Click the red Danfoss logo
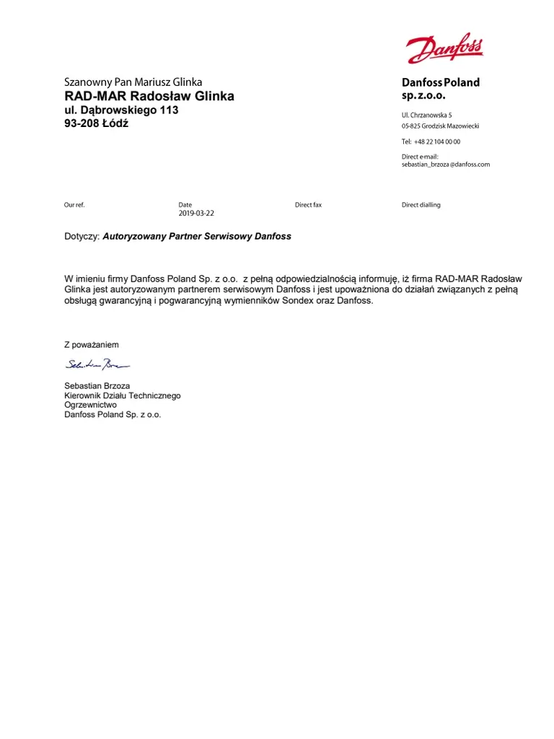pos(444,48)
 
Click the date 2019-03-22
pos(196,214)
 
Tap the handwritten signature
pos(97,364)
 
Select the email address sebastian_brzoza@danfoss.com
pos(445,165)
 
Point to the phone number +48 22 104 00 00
pos(437,141)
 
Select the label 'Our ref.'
pos(74,205)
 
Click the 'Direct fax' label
pos(308,205)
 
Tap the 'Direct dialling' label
pos(421,205)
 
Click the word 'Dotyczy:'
pos(82,237)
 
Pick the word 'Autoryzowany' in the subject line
pos(134,237)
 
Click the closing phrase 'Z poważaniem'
pos(92,345)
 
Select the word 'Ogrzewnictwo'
pos(91,405)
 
